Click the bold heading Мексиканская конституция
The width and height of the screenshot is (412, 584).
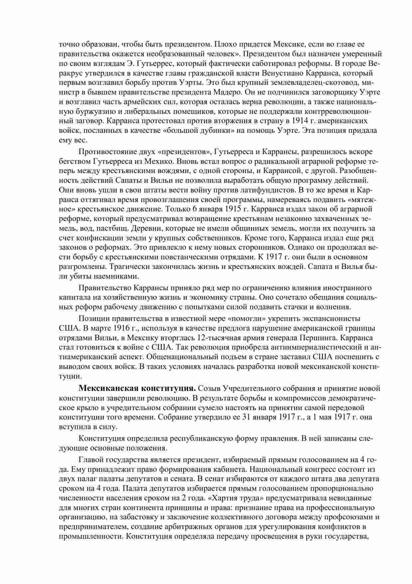coord(137,388)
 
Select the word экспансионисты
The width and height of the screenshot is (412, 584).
coord(328,318)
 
